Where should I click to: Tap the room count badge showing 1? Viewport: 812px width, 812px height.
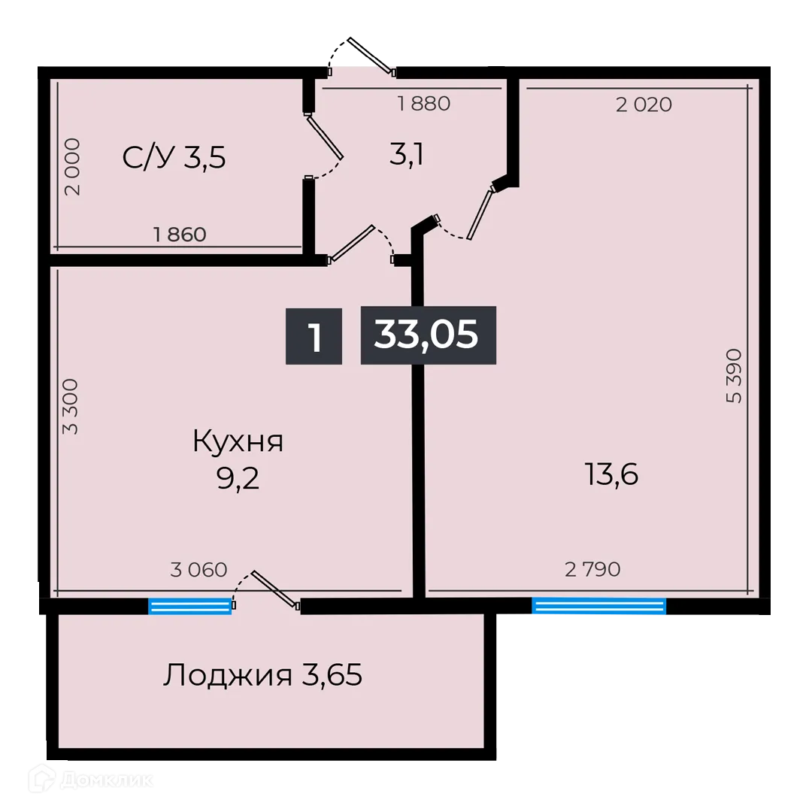(x=314, y=336)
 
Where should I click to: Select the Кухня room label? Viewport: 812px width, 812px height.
(x=238, y=441)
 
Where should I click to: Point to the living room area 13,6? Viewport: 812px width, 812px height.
(x=611, y=474)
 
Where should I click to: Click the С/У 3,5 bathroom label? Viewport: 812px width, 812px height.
(x=174, y=158)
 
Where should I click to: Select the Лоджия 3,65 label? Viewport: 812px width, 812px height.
(x=262, y=675)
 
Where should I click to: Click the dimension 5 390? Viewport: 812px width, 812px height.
(x=735, y=376)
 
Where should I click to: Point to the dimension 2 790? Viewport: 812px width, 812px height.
(x=592, y=570)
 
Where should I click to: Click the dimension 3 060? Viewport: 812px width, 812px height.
(x=198, y=570)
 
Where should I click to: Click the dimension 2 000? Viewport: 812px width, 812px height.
(x=72, y=167)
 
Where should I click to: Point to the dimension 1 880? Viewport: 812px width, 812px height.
(x=424, y=104)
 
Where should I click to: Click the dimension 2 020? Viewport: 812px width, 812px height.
(x=644, y=105)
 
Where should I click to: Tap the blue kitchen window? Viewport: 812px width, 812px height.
(x=189, y=606)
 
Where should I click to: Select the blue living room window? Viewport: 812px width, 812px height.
(x=598, y=606)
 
